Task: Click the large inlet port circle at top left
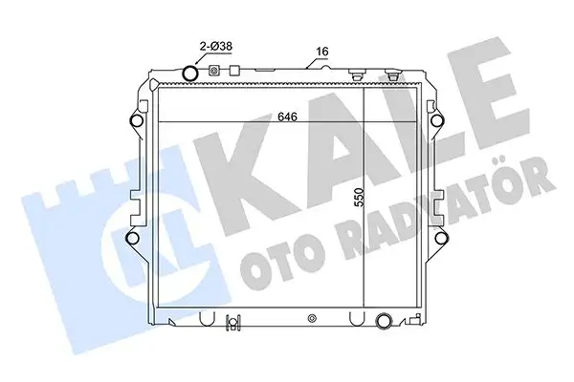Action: tap(191, 74)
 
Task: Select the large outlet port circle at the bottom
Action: tap(384, 321)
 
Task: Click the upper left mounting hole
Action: tap(133, 121)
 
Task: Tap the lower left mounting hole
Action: tap(133, 238)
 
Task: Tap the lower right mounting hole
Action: tap(441, 238)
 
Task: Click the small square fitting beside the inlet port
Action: tap(214, 72)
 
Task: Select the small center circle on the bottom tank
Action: tap(312, 318)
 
